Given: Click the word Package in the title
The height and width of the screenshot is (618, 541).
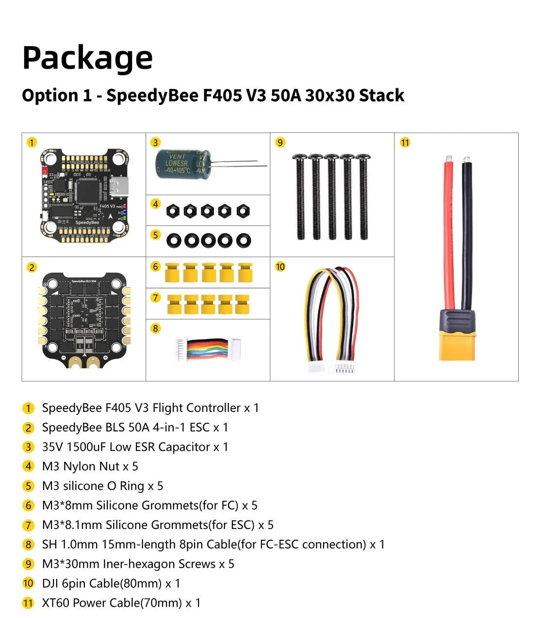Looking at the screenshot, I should [x=87, y=58].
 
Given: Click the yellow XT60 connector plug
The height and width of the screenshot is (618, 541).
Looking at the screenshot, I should [x=457, y=340].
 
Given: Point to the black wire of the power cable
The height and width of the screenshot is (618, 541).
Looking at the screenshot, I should [x=467, y=233].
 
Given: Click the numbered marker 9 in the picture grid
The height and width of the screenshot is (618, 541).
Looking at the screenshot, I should [x=280, y=142].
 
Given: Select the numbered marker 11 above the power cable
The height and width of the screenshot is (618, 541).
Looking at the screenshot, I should [x=405, y=142].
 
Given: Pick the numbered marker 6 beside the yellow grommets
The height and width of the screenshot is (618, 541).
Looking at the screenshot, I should [x=155, y=267].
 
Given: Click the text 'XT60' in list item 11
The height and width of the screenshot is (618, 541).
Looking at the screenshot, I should [x=55, y=603].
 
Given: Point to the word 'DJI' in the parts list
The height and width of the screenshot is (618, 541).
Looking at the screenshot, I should [x=50, y=584].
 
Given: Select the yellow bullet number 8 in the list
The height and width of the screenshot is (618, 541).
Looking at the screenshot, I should [x=28, y=545].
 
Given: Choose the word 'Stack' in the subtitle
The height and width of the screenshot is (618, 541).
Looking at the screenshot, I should [x=381, y=95].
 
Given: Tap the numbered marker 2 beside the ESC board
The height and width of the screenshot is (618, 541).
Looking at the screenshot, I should [x=32, y=267].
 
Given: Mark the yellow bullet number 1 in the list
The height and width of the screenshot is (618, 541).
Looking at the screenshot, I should [x=28, y=408].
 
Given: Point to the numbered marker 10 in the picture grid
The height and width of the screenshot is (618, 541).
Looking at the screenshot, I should [x=280, y=267].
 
